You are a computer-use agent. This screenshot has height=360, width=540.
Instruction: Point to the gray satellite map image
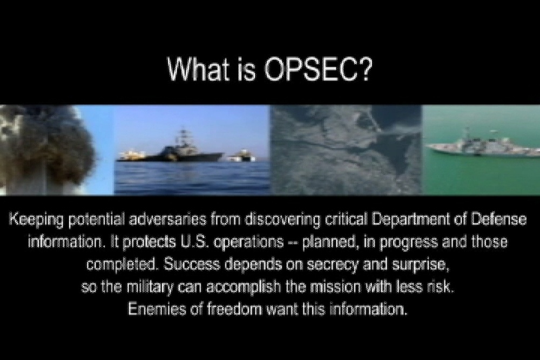click(x=346, y=150)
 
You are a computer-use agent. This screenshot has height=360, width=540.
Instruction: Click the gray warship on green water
click(x=481, y=146)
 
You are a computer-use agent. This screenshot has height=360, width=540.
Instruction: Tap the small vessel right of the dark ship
click(x=240, y=157)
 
